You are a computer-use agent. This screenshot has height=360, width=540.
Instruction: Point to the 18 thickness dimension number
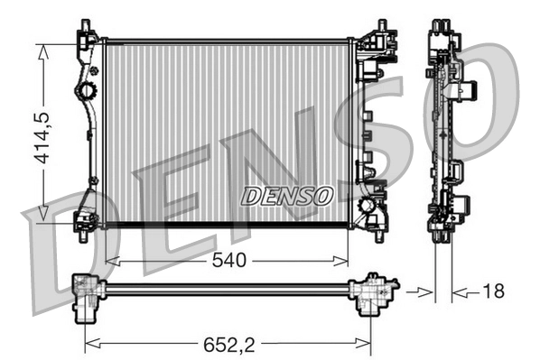point(493,291)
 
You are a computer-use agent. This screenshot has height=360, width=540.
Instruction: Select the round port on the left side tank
point(88,91)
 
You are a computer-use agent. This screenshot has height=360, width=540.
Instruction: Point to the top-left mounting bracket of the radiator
point(87,36)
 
